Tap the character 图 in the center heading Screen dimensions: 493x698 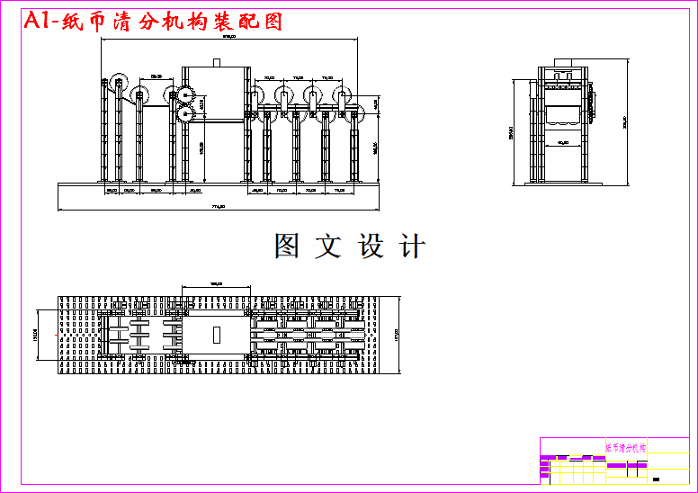[287, 246]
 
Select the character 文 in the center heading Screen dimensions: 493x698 [327, 246]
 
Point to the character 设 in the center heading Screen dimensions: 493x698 [371, 246]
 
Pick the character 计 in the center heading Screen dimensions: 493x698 [412, 246]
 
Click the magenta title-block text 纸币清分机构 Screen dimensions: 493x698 [624, 447]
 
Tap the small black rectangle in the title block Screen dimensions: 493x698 [658, 479]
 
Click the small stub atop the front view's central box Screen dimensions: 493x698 [216, 62]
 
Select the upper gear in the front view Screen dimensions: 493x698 [186, 97]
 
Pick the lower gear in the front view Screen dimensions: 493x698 [186, 114]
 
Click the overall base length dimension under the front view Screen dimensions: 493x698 [218, 207]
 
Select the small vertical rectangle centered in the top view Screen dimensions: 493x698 [216, 335]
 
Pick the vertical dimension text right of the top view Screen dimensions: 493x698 [396, 335]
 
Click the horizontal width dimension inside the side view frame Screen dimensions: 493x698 [563, 142]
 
